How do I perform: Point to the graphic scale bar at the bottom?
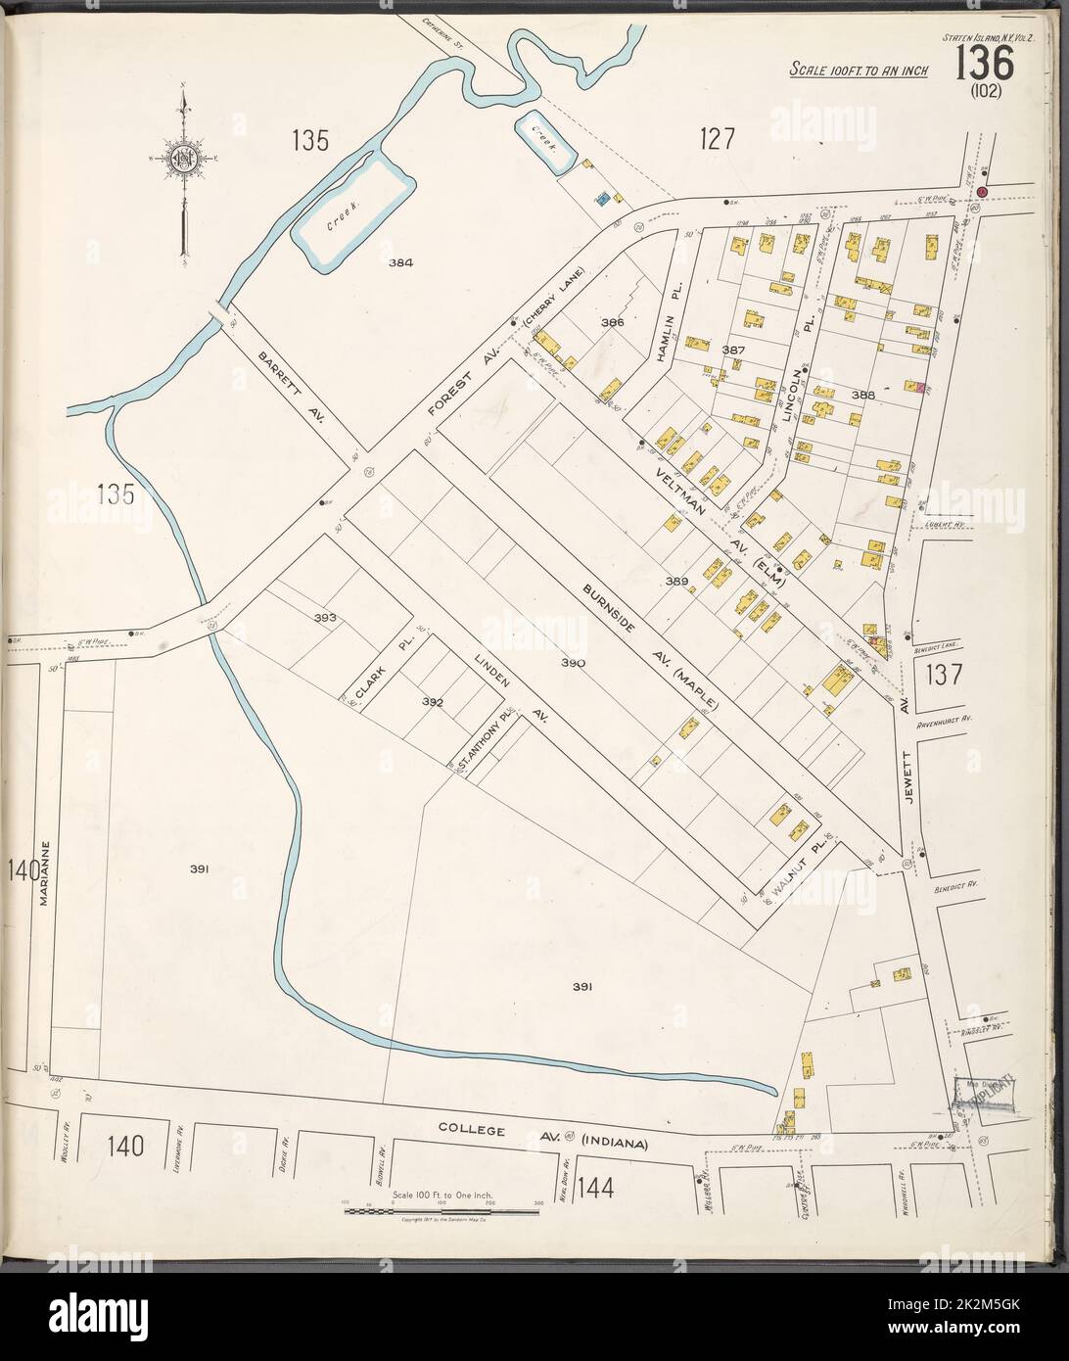(441, 1211)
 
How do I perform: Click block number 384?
(400, 262)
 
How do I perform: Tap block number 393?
(325, 618)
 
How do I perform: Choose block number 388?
(861, 395)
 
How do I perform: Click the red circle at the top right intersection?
(983, 192)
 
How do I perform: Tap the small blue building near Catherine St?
(604, 200)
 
